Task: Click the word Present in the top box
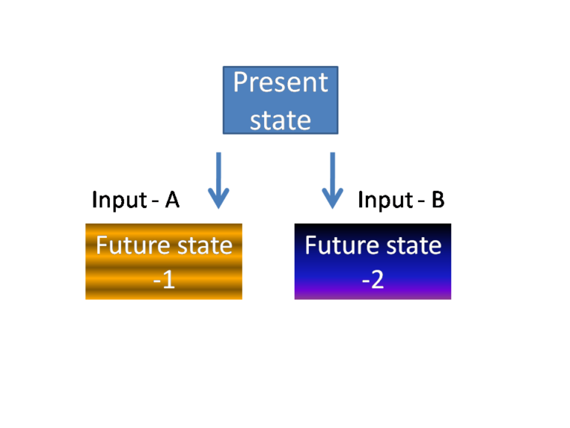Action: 280,82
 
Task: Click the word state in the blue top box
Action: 280,119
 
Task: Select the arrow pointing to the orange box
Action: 218,180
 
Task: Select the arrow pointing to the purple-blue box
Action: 332,180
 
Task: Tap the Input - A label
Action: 135,200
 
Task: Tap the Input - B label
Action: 401,200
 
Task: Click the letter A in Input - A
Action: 171,200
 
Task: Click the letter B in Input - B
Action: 437,200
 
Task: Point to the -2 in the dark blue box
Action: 373,282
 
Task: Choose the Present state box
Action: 281,100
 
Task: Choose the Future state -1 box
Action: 163,262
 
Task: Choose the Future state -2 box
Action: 373,262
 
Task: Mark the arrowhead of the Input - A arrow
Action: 218,199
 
